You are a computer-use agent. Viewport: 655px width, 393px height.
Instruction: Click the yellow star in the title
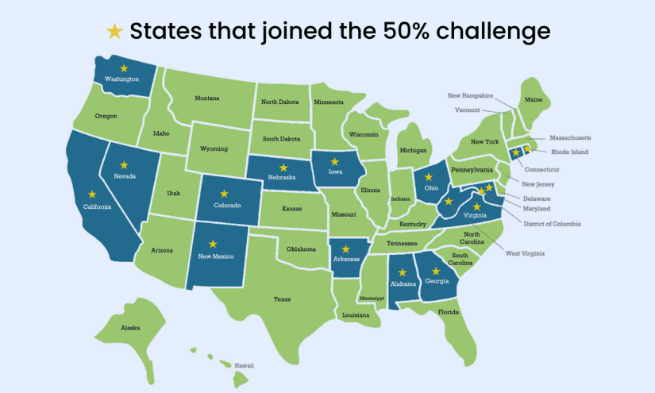point(115,31)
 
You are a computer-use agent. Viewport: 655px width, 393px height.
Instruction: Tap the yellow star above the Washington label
point(123,68)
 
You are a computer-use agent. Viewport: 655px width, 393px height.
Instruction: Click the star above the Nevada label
point(124,165)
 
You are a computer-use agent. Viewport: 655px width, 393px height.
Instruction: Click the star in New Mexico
point(213,245)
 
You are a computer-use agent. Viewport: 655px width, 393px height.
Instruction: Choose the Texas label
point(282,299)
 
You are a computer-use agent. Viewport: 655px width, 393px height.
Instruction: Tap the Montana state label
point(207,98)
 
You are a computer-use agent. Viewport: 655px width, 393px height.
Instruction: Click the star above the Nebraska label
point(283,168)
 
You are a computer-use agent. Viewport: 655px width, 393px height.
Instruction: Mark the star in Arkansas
point(345,249)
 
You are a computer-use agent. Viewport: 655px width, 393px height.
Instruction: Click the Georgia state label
point(435,282)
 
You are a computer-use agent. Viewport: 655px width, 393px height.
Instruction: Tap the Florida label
point(449,312)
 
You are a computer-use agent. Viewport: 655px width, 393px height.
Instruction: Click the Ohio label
point(432,188)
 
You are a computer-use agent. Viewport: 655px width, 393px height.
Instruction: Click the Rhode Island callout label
point(569,152)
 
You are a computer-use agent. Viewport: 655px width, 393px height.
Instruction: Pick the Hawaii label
point(244,365)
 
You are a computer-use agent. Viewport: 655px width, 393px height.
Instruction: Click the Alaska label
point(130,328)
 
